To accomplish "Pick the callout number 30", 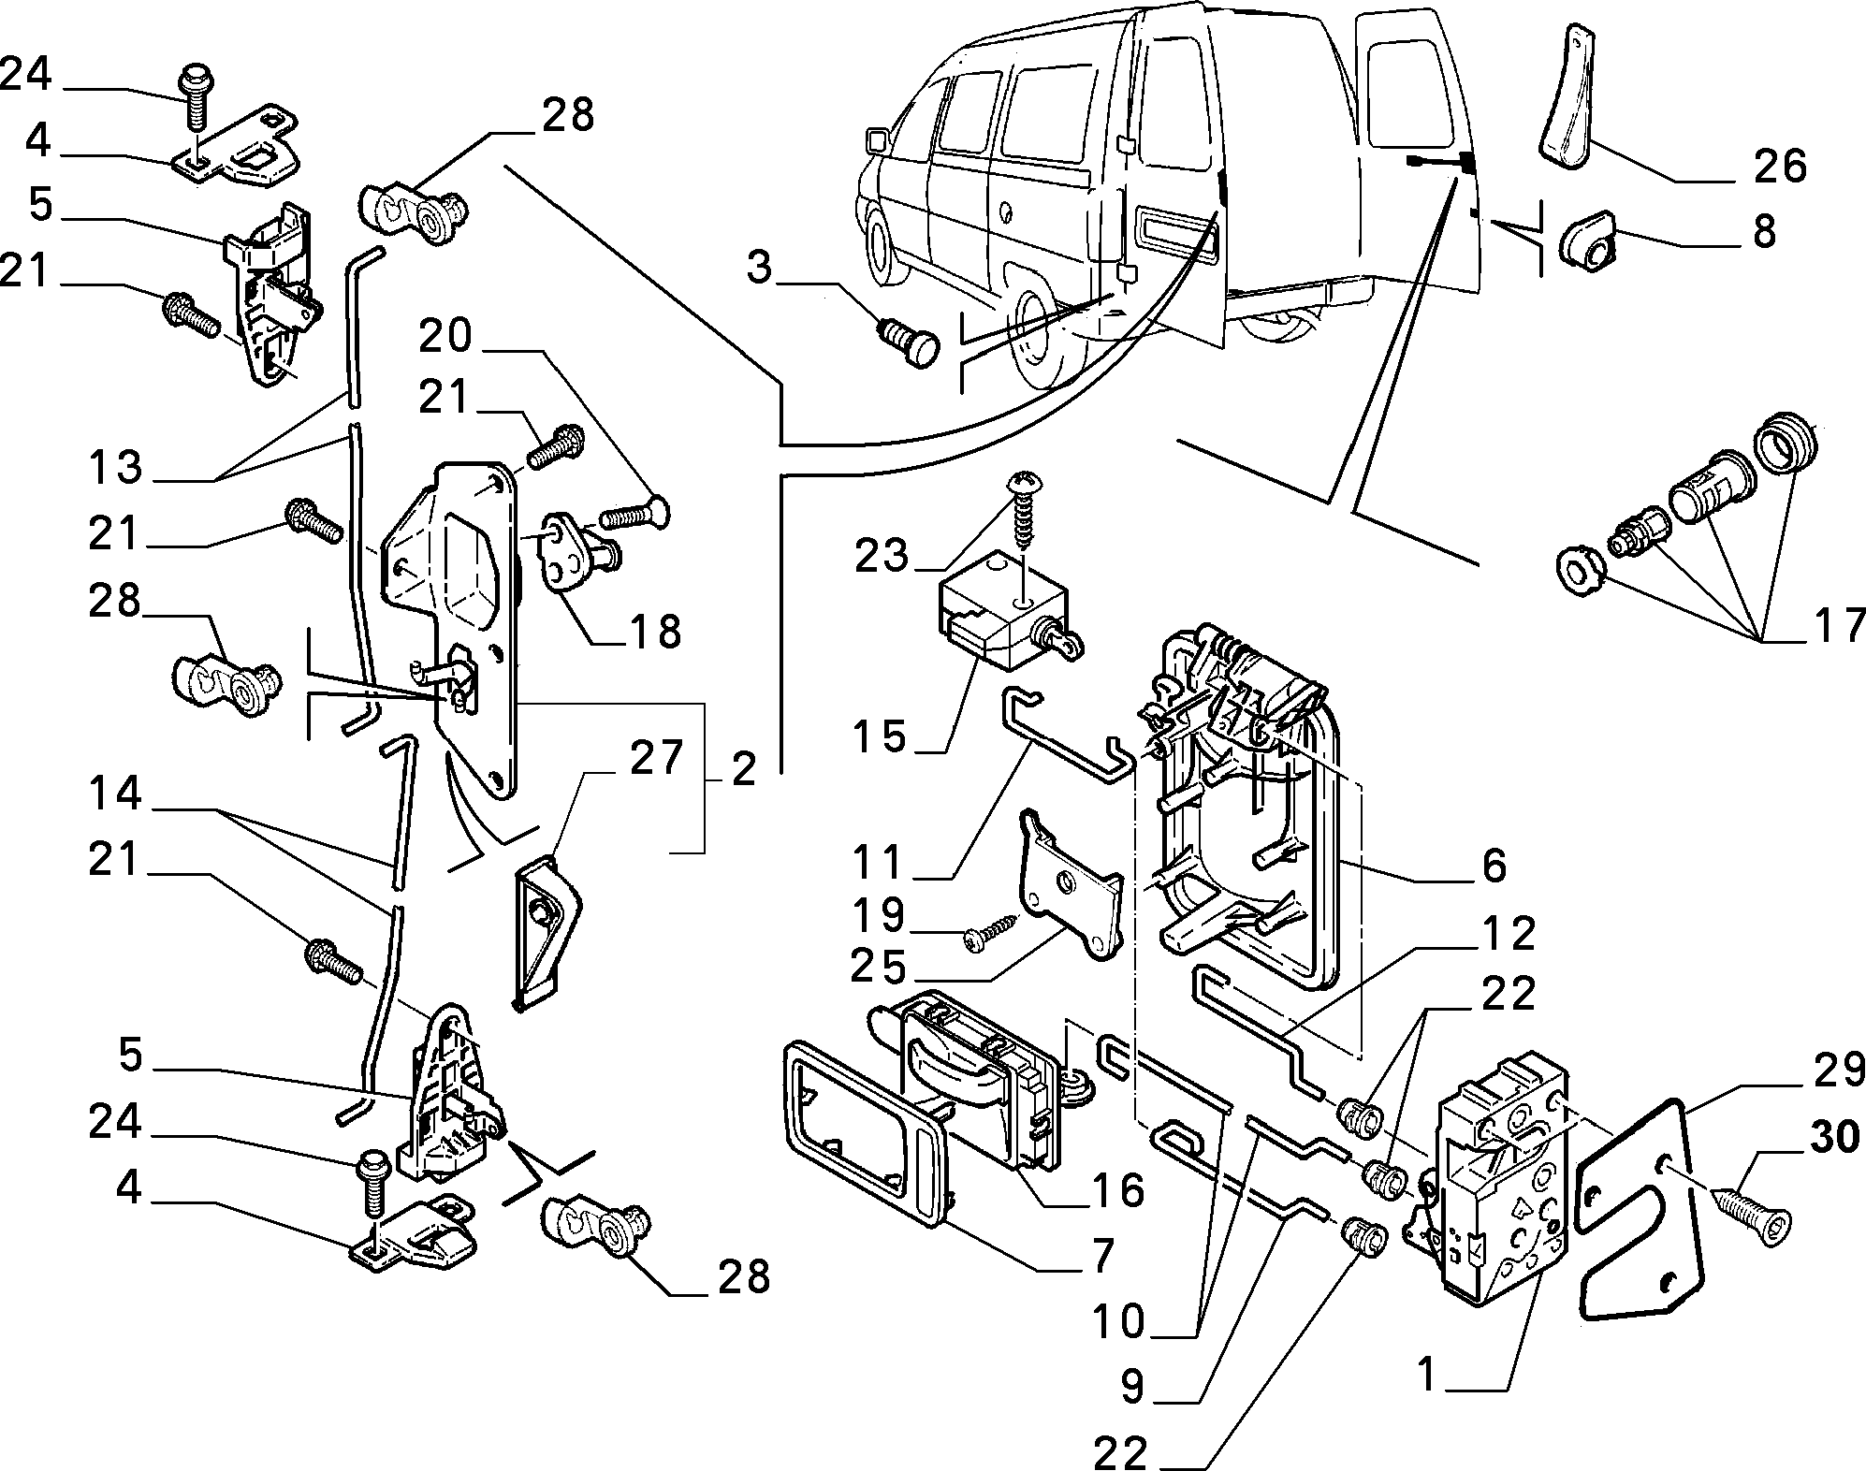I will [1834, 1137].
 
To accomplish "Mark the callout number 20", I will [445, 335].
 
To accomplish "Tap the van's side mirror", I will [878, 142].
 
